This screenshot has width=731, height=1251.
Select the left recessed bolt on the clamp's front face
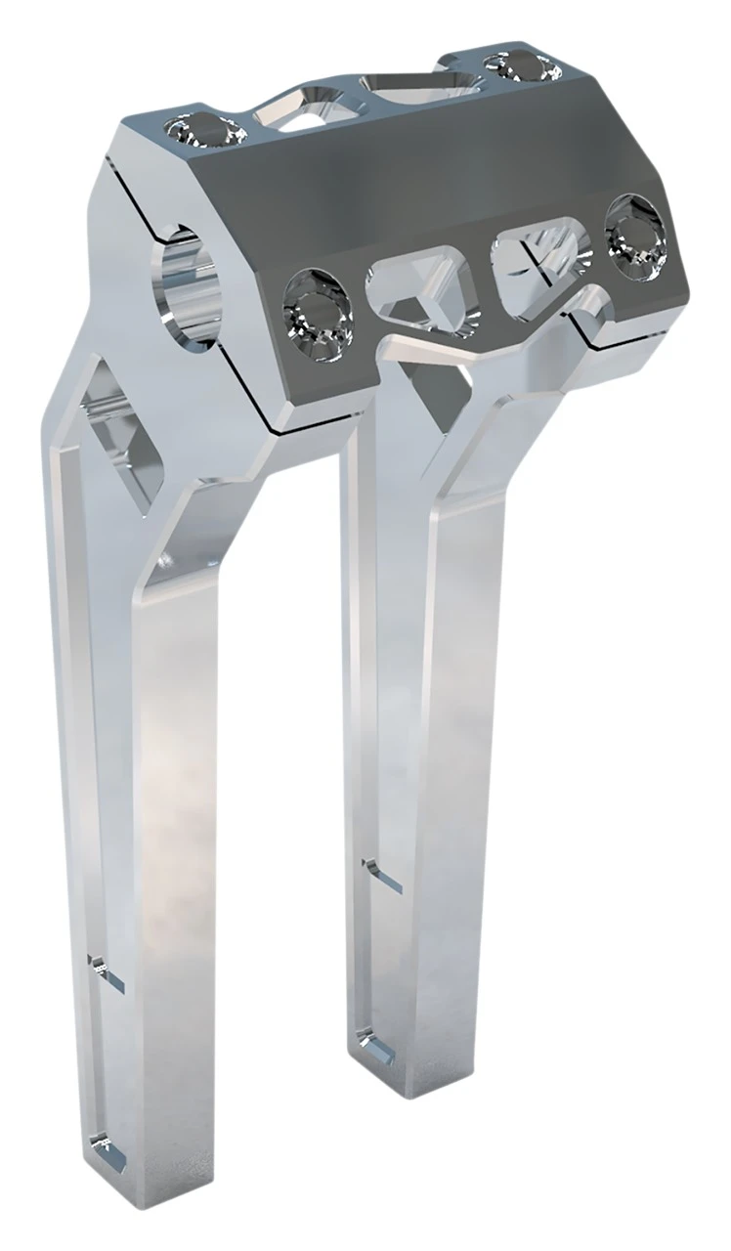point(318,311)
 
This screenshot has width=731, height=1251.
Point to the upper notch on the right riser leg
point(383,875)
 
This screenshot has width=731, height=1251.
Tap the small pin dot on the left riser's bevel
point(166,560)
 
